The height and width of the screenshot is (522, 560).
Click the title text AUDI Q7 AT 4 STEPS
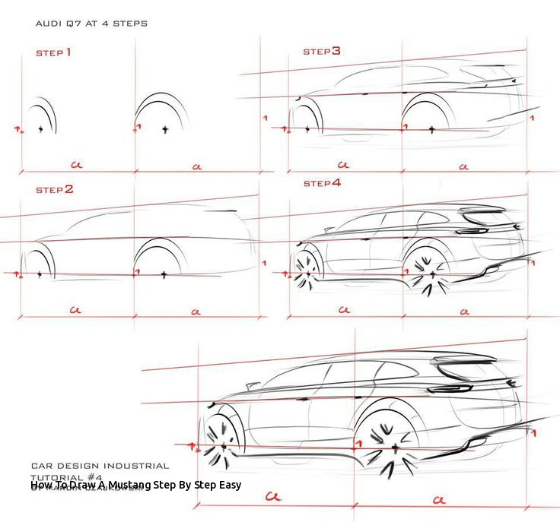91,24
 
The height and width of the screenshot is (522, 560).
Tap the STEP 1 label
53,53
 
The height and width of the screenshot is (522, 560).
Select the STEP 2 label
54,189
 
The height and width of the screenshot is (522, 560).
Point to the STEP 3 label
322,52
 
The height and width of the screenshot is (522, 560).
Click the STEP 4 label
322,183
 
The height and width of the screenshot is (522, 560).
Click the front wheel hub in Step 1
40,129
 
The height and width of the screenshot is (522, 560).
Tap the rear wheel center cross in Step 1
164,129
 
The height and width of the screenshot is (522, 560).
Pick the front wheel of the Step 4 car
307,270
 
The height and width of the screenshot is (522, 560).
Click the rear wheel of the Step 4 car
431,274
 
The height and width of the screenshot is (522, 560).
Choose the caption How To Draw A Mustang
136,484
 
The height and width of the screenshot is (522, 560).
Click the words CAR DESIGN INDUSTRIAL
100,465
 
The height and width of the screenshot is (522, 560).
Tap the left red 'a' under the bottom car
272,498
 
